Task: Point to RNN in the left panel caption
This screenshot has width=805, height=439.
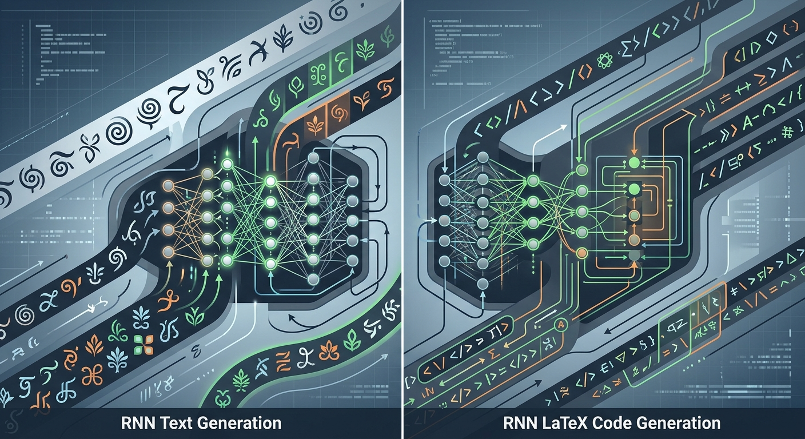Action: click(137, 424)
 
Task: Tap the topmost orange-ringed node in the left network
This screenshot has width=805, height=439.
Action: click(168, 186)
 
